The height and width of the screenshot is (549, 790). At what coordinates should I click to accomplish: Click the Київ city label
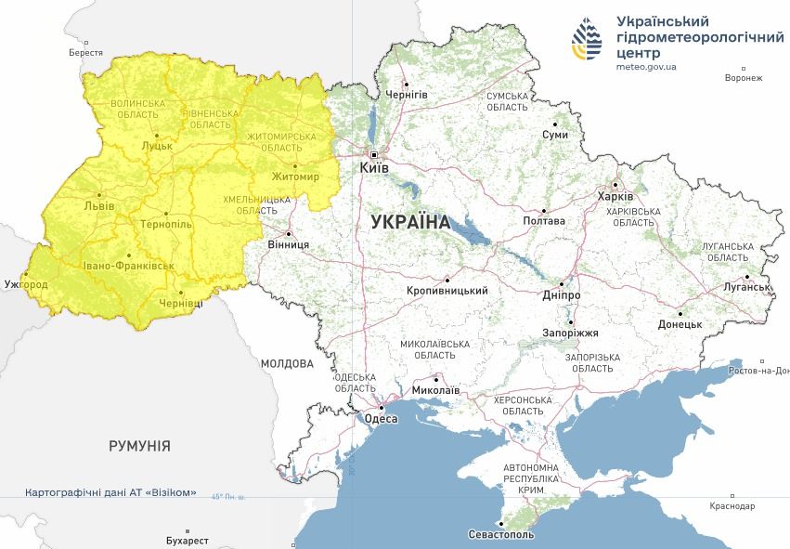374,169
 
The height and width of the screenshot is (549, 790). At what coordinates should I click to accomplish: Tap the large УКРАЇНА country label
409,223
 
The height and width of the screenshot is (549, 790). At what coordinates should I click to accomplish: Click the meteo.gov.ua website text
646,66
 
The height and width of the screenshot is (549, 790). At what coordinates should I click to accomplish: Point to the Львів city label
99,205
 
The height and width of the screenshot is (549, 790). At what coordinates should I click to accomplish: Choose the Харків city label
615,197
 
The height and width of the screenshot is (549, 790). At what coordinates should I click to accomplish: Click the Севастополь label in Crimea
502,536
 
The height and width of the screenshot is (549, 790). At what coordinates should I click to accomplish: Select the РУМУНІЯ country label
139,446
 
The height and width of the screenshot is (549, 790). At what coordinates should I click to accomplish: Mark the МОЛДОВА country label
287,363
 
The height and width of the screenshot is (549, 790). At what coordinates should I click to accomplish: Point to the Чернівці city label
180,304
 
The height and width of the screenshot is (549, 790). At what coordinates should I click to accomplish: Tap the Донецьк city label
680,324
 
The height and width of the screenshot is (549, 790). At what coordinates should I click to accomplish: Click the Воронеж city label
744,78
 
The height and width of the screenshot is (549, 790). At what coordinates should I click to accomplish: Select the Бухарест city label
182,540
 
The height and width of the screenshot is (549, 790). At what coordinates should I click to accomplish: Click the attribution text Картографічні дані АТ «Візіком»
110,492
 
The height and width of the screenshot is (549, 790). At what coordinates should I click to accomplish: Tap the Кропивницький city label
447,291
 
